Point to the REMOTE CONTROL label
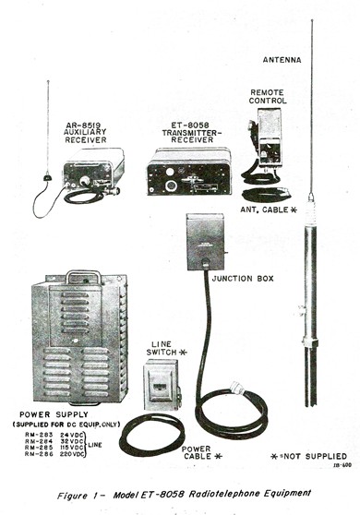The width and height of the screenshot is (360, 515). (269, 95)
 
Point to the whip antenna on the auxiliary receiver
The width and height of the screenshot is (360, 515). (47, 129)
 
